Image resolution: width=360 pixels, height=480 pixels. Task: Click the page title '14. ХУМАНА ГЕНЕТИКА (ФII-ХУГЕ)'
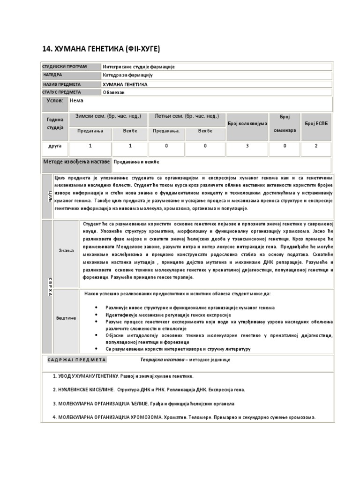click(x=101, y=49)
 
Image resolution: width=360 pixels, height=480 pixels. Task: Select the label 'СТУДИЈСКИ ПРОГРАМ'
click(x=65, y=67)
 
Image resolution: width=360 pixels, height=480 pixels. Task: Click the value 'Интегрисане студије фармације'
click(x=138, y=67)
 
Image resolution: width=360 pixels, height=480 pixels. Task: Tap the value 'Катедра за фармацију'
click(x=127, y=75)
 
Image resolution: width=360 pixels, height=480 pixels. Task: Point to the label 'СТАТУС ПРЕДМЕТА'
click(x=61, y=92)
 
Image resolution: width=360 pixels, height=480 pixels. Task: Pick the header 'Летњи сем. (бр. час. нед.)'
click(x=186, y=116)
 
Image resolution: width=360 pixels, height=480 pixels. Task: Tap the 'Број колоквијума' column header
click(x=247, y=123)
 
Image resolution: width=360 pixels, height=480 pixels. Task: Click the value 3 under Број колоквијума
click(x=247, y=146)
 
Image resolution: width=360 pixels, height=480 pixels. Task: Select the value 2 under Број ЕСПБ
click(x=316, y=146)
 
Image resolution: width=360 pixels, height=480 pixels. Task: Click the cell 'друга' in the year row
click(x=55, y=146)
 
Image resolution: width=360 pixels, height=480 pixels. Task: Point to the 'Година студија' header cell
click(x=55, y=124)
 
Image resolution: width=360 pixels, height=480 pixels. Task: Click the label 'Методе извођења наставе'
click(x=77, y=162)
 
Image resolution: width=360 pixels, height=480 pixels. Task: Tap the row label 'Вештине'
click(x=66, y=318)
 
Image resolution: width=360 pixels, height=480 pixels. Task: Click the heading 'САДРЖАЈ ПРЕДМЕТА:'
click(x=77, y=360)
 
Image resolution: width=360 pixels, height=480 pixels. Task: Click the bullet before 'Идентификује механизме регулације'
click(x=96, y=315)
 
